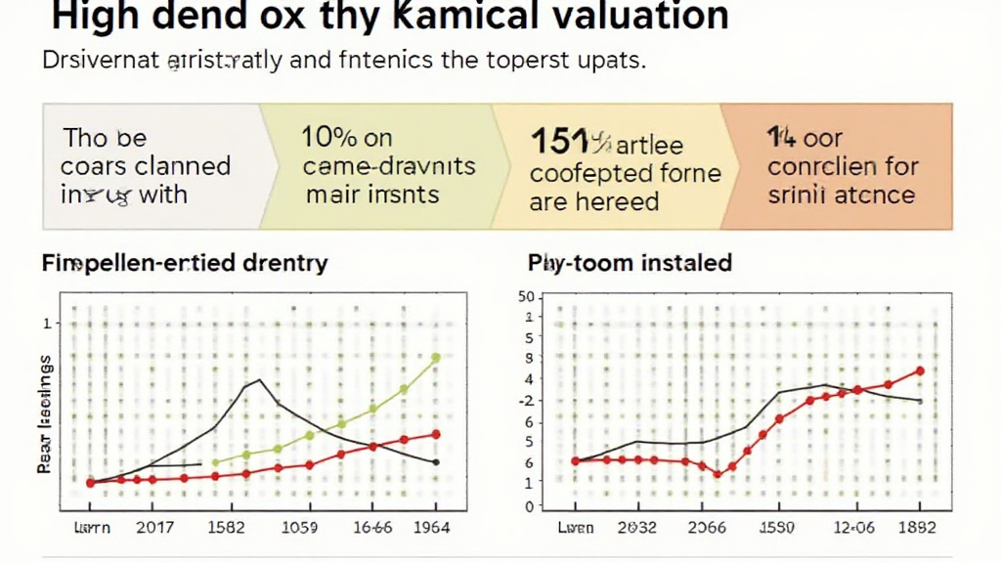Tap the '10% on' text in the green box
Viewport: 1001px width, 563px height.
click(347, 138)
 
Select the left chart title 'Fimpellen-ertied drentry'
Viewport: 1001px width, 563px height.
click(185, 263)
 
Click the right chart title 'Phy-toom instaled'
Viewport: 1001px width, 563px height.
click(630, 263)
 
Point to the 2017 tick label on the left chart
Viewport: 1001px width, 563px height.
click(154, 528)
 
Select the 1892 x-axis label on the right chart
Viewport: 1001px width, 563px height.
click(916, 528)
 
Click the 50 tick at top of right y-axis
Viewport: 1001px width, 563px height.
click(527, 297)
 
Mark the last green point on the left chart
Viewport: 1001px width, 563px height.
click(436, 358)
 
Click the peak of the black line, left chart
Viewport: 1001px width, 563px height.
click(259, 380)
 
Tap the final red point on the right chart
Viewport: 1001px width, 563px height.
click(920, 370)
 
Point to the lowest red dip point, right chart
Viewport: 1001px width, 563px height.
click(718, 474)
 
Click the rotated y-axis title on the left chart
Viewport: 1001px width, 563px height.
click(44, 415)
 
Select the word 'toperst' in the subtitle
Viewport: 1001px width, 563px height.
click(527, 61)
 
